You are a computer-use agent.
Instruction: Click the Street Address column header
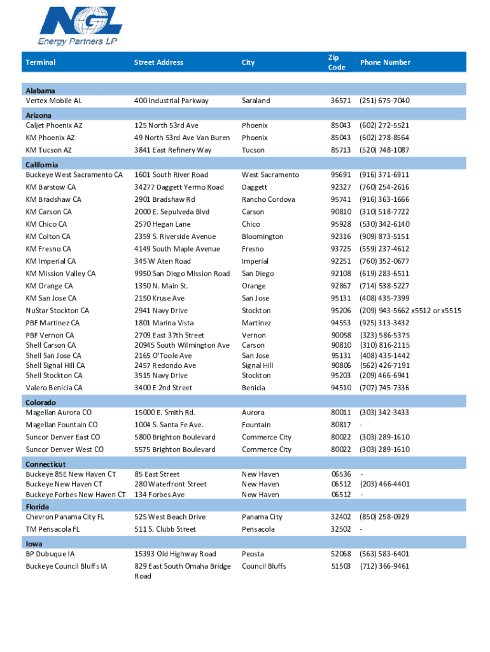(x=158, y=62)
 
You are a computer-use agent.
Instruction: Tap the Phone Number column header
(x=385, y=62)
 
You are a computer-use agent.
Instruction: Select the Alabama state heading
(x=40, y=91)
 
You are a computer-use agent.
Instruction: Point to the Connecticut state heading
(x=45, y=464)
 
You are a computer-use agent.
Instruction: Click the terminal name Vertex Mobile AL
(x=54, y=101)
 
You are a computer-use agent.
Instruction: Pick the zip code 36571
(x=340, y=101)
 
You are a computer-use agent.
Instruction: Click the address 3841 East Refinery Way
(x=172, y=150)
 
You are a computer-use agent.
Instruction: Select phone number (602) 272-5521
(x=384, y=125)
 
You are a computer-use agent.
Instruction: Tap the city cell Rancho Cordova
(x=268, y=199)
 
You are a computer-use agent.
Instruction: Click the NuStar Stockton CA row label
(x=57, y=311)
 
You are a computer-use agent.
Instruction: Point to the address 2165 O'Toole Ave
(x=163, y=355)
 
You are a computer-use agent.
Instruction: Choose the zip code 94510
(x=340, y=388)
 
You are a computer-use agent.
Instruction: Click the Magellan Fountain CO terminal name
(x=62, y=425)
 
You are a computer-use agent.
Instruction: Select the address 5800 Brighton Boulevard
(x=175, y=437)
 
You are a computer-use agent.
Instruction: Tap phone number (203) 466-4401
(x=384, y=484)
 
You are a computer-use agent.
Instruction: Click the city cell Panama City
(x=262, y=517)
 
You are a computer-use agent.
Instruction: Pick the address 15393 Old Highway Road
(x=175, y=554)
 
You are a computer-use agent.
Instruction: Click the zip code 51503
(x=340, y=566)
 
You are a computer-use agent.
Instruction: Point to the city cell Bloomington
(x=262, y=236)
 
